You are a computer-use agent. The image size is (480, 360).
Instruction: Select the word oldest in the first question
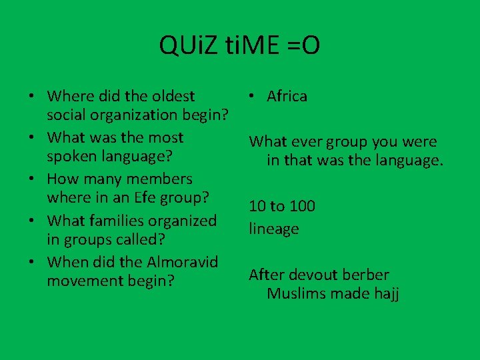172,97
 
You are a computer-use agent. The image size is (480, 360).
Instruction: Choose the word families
137,220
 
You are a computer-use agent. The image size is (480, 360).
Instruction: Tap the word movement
84,280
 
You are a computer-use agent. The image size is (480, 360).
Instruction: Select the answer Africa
287,96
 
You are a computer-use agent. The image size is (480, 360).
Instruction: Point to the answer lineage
274,229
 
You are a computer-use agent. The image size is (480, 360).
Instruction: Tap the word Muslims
297,293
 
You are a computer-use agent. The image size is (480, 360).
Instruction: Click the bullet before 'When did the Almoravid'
32,262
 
